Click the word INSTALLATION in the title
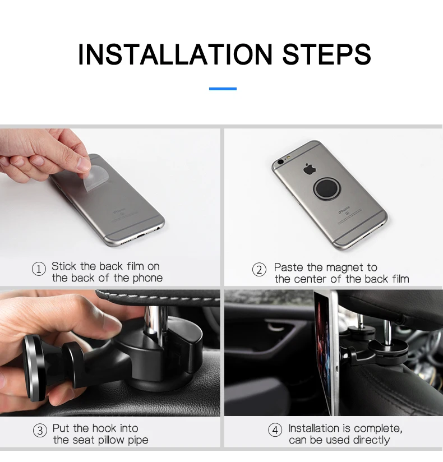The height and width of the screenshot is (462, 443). pyautogui.click(x=175, y=54)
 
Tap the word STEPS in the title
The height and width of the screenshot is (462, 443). pyautogui.click(x=326, y=54)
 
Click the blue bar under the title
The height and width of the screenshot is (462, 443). pyautogui.click(x=223, y=89)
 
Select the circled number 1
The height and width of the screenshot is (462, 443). pyautogui.click(x=39, y=269)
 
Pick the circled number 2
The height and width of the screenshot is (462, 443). pyautogui.click(x=260, y=270)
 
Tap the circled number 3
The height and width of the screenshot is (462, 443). pyautogui.click(x=40, y=431)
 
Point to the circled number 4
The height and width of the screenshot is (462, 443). pyautogui.click(x=275, y=430)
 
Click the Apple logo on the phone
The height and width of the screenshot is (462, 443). pyautogui.click(x=310, y=169)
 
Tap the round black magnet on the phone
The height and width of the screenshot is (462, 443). pyautogui.click(x=326, y=188)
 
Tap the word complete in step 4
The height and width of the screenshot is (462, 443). pyautogui.click(x=381, y=428)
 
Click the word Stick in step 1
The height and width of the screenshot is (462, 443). pyautogui.click(x=64, y=266)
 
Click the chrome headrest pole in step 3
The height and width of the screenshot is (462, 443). pyautogui.click(x=155, y=321)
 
